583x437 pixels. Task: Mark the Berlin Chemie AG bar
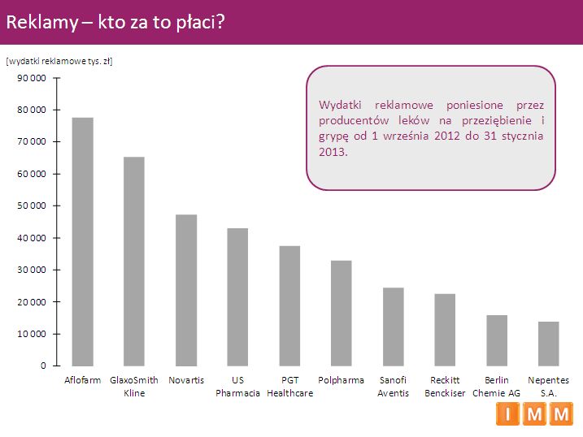click(497, 340)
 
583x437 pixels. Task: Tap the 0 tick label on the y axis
click(43, 366)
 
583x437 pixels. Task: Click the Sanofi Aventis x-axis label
click(393, 387)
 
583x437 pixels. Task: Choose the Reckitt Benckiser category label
click(445, 387)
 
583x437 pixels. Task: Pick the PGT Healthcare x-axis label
click(289, 387)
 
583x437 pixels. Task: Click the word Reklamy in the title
click(41, 23)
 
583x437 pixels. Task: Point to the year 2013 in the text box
click(333, 151)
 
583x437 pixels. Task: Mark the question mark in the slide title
click(220, 23)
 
